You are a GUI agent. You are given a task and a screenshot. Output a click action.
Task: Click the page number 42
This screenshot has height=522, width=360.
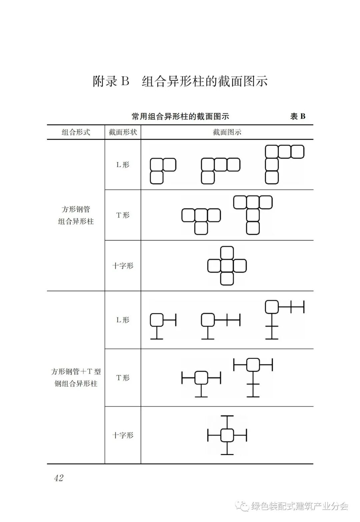(x=59, y=478)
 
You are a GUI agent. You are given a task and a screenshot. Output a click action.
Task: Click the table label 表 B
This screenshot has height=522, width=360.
(x=298, y=116)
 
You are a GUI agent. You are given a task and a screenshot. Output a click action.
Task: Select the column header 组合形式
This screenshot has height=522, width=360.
(x=76, y=132)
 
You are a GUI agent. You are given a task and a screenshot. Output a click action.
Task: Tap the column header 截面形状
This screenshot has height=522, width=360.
(x=123, y=132)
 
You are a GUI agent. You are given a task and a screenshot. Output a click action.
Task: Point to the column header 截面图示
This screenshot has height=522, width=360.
(x=227, y=132)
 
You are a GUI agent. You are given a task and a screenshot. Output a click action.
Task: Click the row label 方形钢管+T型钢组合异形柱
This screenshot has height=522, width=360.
(x=76, y=378)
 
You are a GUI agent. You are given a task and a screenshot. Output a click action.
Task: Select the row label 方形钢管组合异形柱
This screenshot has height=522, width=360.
(x=76, y=215)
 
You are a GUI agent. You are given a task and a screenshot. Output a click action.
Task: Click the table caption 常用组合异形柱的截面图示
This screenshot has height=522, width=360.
(x=180, y=116)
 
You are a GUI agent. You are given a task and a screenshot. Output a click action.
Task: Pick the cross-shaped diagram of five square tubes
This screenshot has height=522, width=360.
(x=227, y=266)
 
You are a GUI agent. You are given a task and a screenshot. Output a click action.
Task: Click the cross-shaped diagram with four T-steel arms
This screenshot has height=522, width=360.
(x=227, y=435)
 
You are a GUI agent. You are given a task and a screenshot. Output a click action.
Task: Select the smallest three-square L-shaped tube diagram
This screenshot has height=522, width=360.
(x=163, y=171)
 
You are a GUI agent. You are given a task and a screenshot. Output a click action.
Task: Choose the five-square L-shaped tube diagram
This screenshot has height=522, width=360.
(x=284, y=164)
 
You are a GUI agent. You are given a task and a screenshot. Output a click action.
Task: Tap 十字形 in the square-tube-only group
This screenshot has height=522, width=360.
(x=123, y=266)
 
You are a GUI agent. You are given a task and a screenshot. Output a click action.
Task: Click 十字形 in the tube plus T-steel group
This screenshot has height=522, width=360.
(x=123, y=435)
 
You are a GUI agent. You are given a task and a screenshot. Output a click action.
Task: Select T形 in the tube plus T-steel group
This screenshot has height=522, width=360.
(x=123, y=378)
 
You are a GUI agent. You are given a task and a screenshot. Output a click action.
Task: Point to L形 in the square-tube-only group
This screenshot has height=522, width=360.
(x=123, y=164)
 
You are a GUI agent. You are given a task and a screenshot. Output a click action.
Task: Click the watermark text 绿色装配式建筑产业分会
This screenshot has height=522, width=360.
(x=299, y=506)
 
